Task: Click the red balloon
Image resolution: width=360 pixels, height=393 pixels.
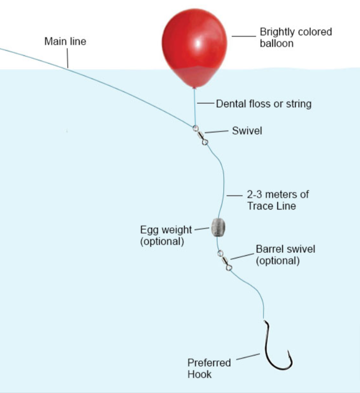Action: (x=194, y=48)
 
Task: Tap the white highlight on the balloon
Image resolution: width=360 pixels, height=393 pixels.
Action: (x=198, y=44)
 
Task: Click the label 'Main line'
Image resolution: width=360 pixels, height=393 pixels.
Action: (x=65, y=42)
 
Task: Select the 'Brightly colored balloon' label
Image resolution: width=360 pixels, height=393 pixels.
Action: (x=296, y=38)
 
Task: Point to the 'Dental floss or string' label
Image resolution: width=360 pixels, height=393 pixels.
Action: (x=264, y=104)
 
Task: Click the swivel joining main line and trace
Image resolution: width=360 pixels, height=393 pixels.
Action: (x=200, y=135)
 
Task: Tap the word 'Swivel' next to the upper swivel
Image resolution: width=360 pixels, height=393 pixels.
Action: (x=247, y=130)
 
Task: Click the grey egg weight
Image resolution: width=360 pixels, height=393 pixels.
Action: (x=218, y=228)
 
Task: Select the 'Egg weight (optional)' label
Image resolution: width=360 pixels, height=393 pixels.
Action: (x=166, y=236)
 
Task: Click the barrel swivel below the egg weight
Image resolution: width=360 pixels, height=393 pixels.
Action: (x=225, y=260)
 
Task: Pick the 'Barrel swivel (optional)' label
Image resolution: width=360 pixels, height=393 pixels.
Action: (x=286, y=255)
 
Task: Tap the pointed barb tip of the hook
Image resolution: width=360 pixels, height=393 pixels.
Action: (x=288, y=351)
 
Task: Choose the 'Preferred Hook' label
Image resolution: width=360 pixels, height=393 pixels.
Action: (x=209, y=368)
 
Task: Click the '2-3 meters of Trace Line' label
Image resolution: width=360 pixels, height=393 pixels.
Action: (x=278, y=200)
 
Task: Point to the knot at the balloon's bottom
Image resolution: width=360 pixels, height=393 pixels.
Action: (x=194, y=88)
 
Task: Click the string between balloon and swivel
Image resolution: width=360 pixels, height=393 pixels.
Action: (x=195, y=107)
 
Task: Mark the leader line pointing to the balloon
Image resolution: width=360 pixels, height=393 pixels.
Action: (x=244, y=36)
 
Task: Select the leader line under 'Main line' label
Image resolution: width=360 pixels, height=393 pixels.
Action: (x=67, y=58)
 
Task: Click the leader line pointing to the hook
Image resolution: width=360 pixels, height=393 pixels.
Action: (x=248, y=357)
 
